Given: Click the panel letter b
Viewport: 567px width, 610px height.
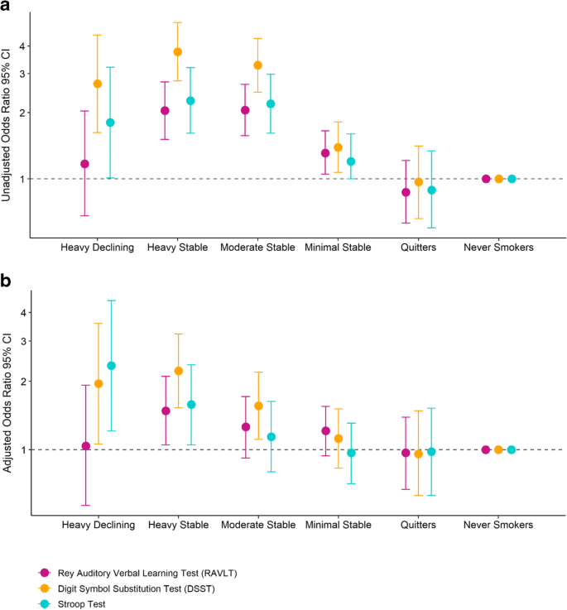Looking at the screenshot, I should coord(7,281).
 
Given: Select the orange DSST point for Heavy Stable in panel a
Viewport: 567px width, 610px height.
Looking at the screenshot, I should coord(177,52).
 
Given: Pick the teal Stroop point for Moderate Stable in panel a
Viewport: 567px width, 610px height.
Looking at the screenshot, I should coord(271,104).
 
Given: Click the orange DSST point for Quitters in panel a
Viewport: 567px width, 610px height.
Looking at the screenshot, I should coord(419,182).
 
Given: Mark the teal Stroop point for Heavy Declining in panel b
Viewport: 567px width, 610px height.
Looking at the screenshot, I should coord(111,366).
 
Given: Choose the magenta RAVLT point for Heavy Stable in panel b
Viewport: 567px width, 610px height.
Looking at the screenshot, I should coord(166,411).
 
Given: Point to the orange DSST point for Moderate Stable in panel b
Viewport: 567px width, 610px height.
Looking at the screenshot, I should coord(258,406).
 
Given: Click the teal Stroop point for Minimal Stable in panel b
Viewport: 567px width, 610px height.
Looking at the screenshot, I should coord(351,453).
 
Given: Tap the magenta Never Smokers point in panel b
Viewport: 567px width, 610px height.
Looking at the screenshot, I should coord(486,449).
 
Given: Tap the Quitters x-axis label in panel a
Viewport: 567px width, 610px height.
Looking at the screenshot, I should coord(419,247).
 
